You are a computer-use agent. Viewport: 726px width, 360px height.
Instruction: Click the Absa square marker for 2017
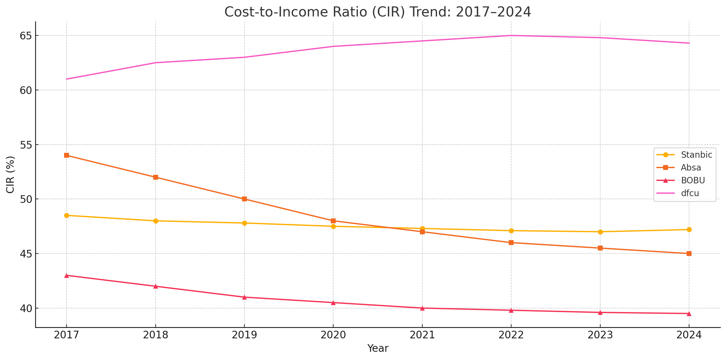pos(67,155)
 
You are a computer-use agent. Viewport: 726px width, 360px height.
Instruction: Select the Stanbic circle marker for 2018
pos(156,221)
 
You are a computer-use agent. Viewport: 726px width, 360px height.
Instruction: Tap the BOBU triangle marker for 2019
pos(244,297)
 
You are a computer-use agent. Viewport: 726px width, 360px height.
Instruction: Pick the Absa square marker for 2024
pos(689,254)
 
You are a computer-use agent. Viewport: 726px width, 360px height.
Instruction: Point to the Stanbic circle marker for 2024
pos(689,229)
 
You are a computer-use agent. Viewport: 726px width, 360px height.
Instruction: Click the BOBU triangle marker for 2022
pos(511,310)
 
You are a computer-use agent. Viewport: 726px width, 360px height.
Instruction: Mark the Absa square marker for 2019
pos(244,199)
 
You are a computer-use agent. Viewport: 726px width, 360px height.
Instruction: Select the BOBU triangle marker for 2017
pos(67,275)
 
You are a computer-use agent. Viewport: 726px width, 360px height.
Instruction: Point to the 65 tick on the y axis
pos(26,36)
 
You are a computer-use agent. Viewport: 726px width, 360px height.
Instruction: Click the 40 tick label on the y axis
pos(26,308)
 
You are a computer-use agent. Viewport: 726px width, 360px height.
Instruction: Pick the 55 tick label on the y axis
pos(26,145)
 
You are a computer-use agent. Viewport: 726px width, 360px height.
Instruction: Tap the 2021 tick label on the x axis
pos(422,335)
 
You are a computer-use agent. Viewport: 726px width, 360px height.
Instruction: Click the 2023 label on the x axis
pos(600,335)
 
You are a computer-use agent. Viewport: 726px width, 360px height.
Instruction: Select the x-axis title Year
pos(378,348)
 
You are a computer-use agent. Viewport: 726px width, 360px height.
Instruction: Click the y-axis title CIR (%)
pos(10,175)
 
